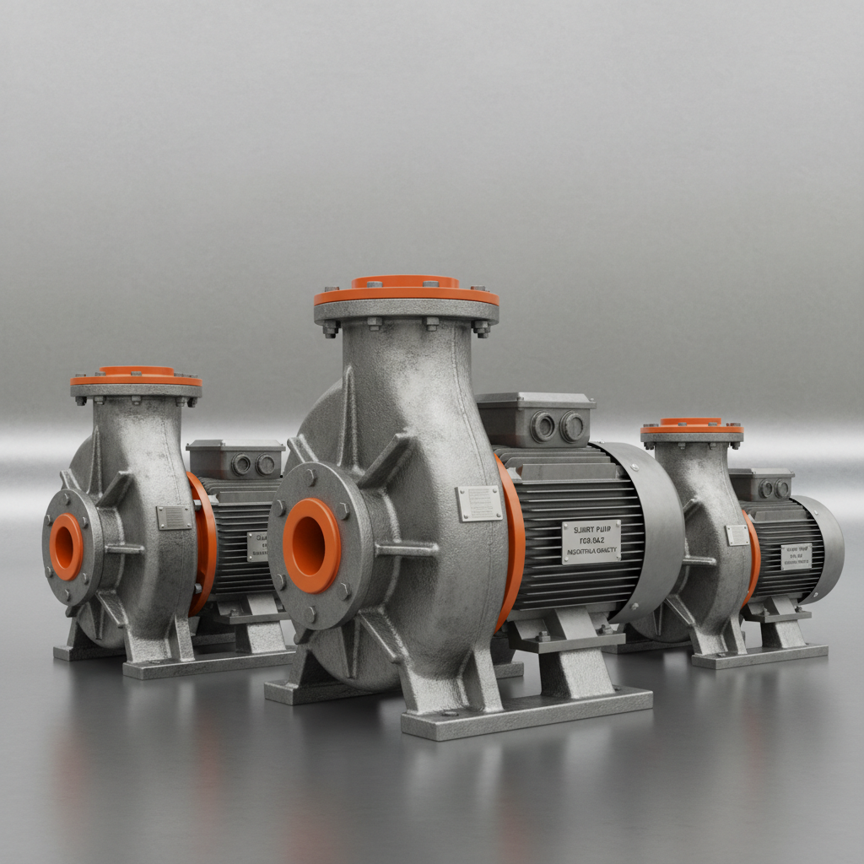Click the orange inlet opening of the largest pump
[x=311, y=545]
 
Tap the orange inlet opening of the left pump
[x=67, y=546]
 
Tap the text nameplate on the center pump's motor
[x=591, y=541]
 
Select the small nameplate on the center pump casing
[x=478, y=503]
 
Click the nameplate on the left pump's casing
[x=174, y=517]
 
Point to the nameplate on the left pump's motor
[x=257, y=546]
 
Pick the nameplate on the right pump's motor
[x=796, y=556]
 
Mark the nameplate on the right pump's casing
[x=736, y=535]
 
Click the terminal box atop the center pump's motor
[x=535, y=420]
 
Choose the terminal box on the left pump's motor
[x=235, y=460]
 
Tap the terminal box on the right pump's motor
[x=761, y=485]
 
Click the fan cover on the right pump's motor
[x=823, y=548]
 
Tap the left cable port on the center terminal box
[x=543, y=427]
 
